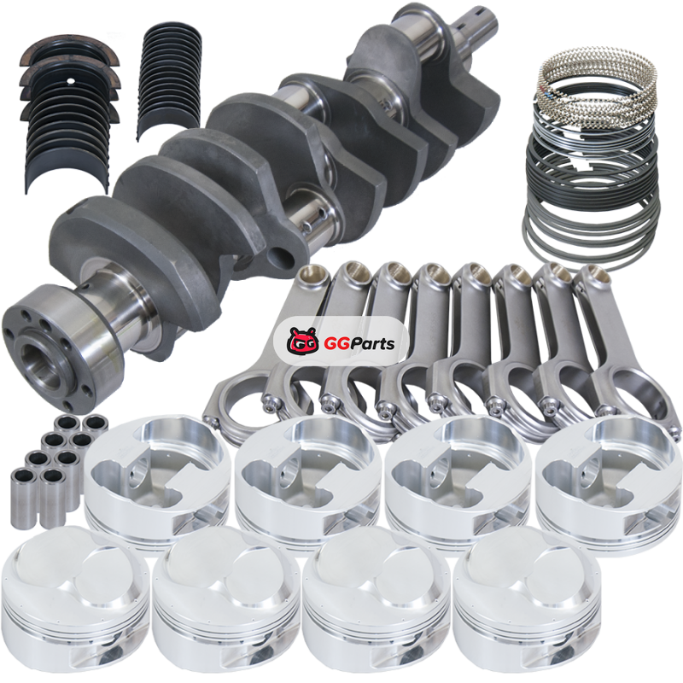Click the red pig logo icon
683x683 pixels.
302,341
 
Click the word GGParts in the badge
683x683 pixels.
359,343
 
